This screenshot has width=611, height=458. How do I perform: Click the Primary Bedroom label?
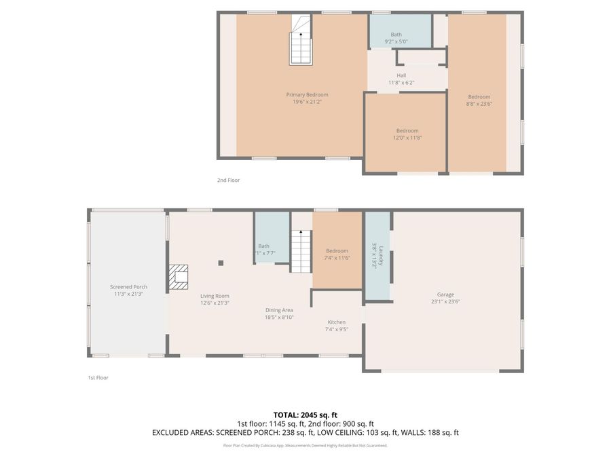pos(307,94)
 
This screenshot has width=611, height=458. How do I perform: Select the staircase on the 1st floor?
pos(301,250)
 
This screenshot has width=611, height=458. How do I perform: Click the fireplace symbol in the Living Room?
pos(179,277)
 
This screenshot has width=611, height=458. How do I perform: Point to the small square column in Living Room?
pos(221,263)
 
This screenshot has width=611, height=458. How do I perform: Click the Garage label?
pos(445,294)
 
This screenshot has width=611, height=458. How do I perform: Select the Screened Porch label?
pos(128,287)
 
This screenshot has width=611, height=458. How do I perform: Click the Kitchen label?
pos(337,322)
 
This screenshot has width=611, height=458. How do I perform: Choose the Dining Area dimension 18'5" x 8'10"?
pos(279,317)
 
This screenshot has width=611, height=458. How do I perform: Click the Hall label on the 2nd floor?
pos(401,75)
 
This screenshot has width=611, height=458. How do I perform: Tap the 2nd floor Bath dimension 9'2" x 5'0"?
pos(396,41)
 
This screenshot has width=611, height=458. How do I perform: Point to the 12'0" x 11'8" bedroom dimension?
pos(407,138)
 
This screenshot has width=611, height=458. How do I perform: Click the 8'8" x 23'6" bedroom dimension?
pos(479,104)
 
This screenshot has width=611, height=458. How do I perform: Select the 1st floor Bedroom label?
pos(337,250)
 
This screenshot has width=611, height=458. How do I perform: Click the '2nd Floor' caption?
pos(228,180)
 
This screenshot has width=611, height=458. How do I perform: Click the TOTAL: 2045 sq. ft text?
pos(305,414)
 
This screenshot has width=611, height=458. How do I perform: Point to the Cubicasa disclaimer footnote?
pos(305,446)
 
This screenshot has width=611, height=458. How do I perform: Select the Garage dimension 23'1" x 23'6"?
pos(445,302)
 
